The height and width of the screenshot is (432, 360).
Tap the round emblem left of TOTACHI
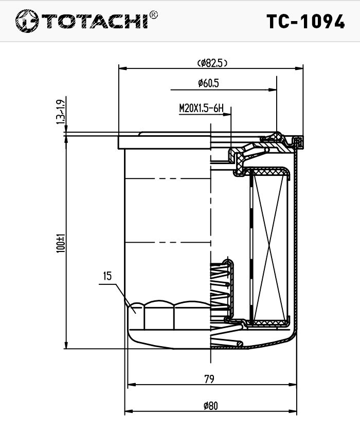click(x=27, y=21)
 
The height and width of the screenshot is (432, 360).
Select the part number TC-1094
click(x=305, y=22)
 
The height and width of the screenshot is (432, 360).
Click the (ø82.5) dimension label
click(x=212, y=63)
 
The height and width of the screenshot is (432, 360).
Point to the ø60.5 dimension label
click(x=208, y=83)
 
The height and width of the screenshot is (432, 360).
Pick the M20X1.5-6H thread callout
click(x=202, y=109)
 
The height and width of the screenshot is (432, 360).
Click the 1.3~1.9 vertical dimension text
click(x=61, y=112)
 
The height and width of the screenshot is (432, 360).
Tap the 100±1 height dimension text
click(x=61, y=244)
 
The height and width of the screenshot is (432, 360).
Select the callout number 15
click(x=107, y=276)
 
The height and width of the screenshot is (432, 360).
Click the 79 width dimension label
click(x=209, y=379)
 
